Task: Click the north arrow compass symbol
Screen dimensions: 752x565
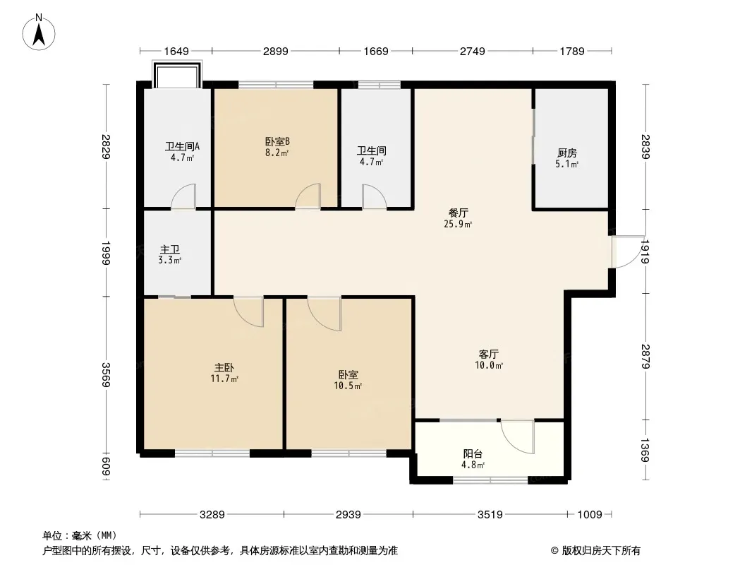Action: (x=39, y=32)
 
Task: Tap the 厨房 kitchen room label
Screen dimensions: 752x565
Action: (x=567, y=153)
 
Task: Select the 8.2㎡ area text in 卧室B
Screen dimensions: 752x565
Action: (x=277, y=153)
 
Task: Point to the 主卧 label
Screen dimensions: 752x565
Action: (x=224, y=368)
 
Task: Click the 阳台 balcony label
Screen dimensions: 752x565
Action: (x=473, y=453)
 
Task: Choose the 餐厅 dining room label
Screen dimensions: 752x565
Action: (x=458, y=213)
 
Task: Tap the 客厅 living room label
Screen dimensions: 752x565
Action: (x=489, y=355)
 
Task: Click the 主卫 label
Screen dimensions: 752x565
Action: (x=170, y=249)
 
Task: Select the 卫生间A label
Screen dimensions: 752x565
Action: (x=182, y=146)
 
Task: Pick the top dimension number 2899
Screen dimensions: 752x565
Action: (x=276, y=51)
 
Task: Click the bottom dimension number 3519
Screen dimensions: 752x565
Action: (x=490, y=515)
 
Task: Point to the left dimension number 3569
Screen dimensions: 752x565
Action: (x=106, y=374)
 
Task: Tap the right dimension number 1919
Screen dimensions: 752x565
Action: (x=645, y=251)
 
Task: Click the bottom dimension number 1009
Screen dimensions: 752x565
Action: (x=590, y=515)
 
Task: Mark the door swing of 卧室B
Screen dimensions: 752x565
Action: (x=308, y=196)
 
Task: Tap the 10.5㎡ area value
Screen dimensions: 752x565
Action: (x=348, y=386)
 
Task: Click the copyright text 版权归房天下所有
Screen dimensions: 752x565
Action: (x=600, y=551)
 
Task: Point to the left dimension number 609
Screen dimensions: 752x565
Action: (x=106, y=467)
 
